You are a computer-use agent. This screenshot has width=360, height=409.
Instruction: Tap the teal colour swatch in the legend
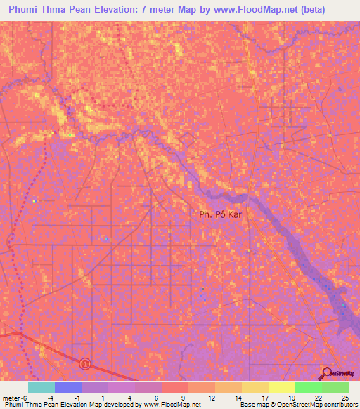(41, 387)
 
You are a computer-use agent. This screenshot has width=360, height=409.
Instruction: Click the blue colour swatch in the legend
(67, 387)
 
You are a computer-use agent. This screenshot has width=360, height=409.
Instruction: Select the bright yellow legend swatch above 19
(281, 387)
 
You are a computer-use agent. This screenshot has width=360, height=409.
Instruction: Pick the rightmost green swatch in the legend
(335, 387)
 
